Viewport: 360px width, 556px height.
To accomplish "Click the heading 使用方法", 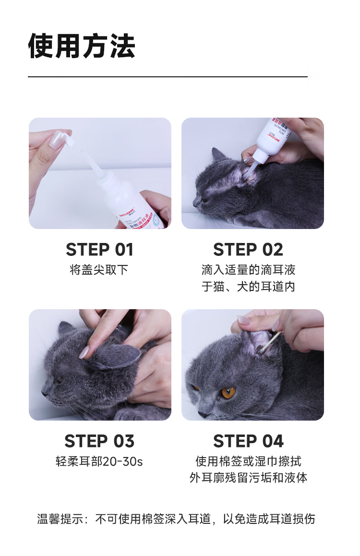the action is point(82,46).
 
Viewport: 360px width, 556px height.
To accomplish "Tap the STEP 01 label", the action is point(99,250).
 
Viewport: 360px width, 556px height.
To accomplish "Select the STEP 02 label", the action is point(248,250).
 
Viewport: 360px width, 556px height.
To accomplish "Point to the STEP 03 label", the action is point(99,441).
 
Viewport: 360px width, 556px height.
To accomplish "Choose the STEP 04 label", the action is point(248,441).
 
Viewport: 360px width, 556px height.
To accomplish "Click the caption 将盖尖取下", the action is point(99,270).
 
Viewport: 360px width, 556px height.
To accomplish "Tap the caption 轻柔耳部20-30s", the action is point(99,461).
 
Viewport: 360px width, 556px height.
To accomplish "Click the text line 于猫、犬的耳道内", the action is point(248,287).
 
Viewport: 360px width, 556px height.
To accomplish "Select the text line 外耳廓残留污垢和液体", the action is point(248,478).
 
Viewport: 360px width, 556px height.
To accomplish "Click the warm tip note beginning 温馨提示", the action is point(176,519).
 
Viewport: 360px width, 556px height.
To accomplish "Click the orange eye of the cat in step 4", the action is point(228,392).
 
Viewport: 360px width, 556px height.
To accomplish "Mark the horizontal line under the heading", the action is point(168,77).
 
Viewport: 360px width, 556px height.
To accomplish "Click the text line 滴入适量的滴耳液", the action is point(248,270).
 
